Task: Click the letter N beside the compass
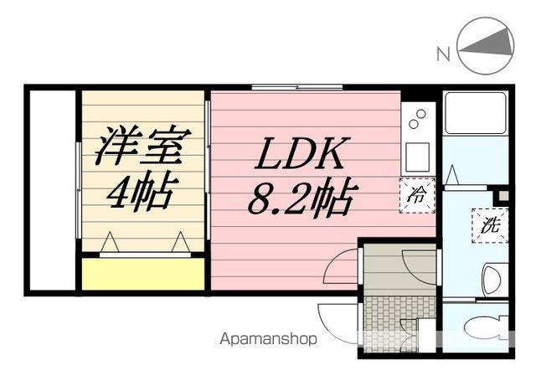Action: [443, 55]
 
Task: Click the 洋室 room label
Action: [142, 147]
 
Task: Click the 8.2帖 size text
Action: [300, 198]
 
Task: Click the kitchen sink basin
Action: [416, 155]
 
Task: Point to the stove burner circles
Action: [416, 121]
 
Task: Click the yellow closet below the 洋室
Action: [143, 275]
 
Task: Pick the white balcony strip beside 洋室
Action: [53, 188]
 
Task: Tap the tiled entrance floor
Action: [398, 316]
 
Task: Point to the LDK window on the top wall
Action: [297, 87]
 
